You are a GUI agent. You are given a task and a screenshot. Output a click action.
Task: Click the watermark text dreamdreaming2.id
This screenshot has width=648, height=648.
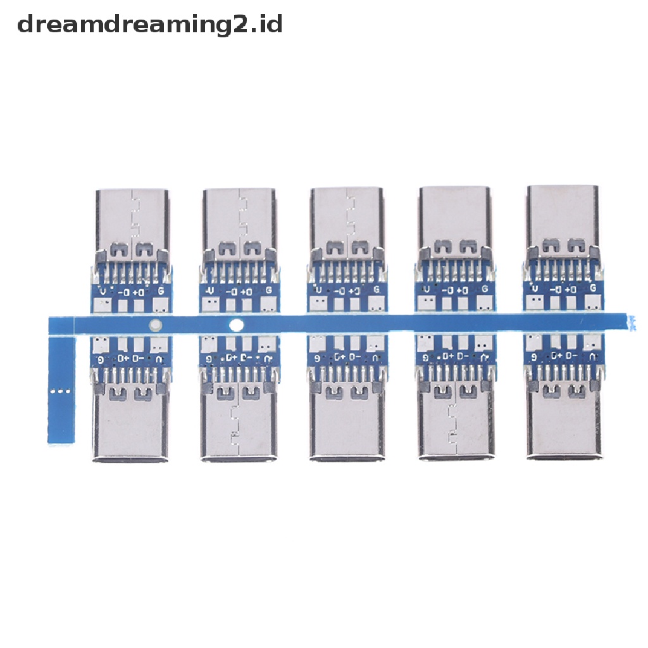coord(149,25)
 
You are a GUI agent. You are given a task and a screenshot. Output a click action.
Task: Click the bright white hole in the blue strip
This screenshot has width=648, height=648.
coord(237,326)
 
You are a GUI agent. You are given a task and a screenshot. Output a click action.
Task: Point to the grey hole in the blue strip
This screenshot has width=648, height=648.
coord(154,327)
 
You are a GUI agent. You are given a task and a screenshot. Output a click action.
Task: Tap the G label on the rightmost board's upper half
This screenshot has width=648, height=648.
coord(593,289)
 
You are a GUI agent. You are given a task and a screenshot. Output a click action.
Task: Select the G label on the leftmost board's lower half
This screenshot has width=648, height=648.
coord(100,359)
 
